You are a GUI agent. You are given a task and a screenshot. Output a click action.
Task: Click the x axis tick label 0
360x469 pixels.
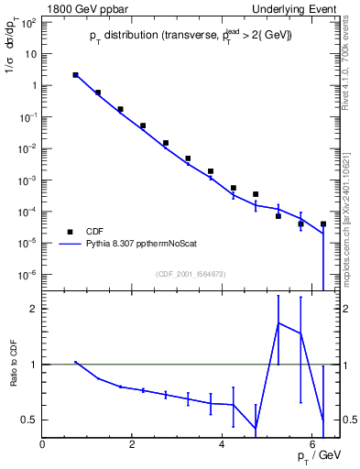point(43,444)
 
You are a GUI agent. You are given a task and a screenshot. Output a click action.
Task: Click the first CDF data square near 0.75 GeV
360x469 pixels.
point(75,75)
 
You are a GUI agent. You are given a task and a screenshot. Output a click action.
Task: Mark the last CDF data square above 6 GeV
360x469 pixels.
point(323,224)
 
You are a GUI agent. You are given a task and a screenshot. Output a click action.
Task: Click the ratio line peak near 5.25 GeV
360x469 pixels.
point(278,322)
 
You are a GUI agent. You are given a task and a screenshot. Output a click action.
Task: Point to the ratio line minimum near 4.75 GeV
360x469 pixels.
point(256,429)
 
